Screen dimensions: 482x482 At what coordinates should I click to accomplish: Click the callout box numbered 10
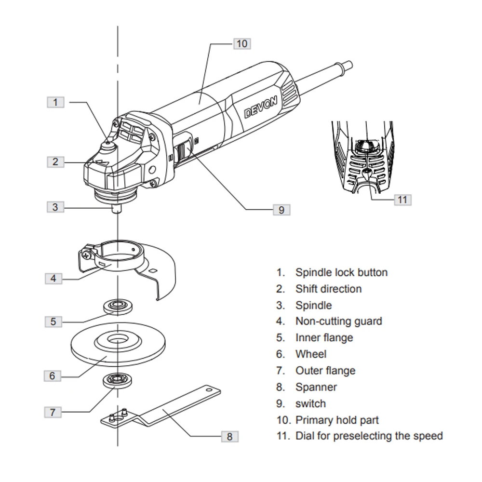[x=241, y=43]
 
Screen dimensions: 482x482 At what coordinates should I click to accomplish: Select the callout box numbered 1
[x=55, y=102]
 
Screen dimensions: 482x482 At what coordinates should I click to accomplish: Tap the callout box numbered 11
[x=402, y=199]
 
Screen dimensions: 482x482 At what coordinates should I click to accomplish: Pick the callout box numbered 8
[x=229, y=437]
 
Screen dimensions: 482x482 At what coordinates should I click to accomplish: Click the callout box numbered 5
[x=53, y=321]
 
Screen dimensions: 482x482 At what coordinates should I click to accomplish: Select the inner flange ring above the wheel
[x=116, y=306]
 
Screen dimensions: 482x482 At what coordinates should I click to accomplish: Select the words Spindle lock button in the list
[x=341, y=273]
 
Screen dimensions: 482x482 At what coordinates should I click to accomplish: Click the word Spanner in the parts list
[x=316, y=387]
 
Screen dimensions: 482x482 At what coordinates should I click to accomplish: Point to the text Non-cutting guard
[x=338, y=321]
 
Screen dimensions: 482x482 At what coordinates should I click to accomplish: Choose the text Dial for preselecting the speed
[x=369, y=436]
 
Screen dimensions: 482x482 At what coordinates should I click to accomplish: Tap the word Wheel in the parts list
[x=311, y=354]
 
